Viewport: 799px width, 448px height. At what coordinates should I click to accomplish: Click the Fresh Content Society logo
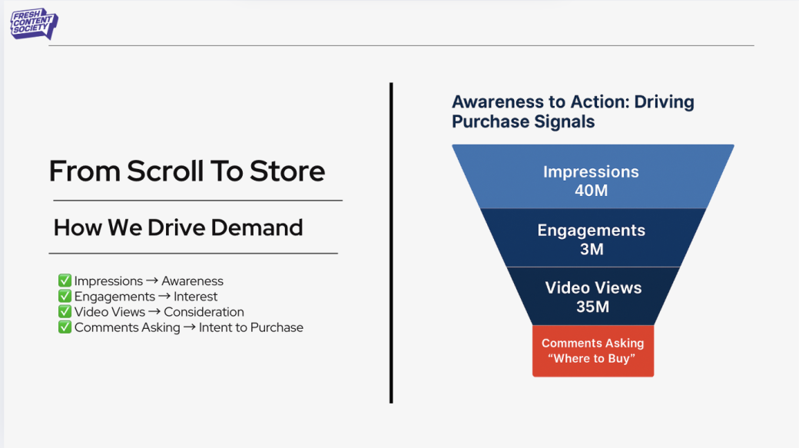pyautogui.click(x=33, y=24)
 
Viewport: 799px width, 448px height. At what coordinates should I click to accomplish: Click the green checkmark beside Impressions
pyautogui.click(x=65, y=281)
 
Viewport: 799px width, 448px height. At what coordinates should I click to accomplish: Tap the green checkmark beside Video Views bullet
pyautogui.click(x=65, y=312)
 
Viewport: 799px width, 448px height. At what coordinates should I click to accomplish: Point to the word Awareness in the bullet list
pyautogui.click(x=192, y=281)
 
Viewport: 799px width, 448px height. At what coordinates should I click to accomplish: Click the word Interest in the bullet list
pyautogui.click(x=195, y=297)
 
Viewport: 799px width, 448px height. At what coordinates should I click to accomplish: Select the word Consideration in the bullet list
pyautogui.click(x=204, y=312)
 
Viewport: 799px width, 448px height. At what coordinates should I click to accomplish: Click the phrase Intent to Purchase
pyautogui.click(x=250, y=327)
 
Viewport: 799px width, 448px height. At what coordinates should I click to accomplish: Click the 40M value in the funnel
pyautogui.click(x=591, y=191)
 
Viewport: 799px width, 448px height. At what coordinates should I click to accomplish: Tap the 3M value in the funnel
pyautogui.click(x=592, y=249)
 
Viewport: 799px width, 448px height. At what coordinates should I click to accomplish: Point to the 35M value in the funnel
pyautogui.click(x=592, y=307)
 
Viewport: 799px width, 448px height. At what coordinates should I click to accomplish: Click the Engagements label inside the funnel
pyautogui.click(x=591, y=231)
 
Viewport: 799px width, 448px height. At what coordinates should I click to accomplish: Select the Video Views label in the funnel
pyautogui.click(x=593, y=288)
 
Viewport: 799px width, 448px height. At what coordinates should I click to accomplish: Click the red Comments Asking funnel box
pyautogui.click(x=592, y=350)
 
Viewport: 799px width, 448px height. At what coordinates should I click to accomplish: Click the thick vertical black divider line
pyautogui.click(x=391, y=242)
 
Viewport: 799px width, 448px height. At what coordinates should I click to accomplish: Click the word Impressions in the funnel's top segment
pyautogui.click(x=591, y=172)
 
